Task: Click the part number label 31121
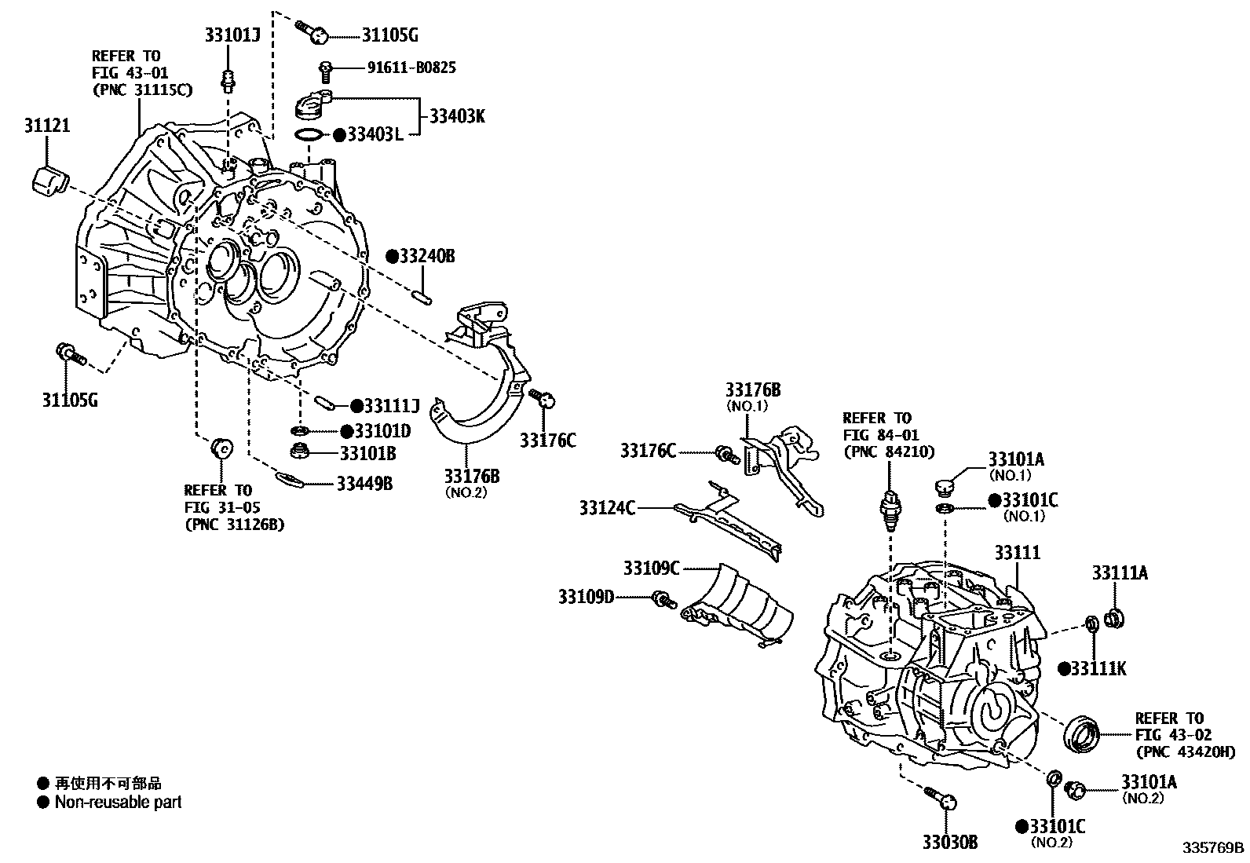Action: coord(46,126)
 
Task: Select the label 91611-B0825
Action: coord(411,68)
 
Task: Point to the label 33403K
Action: coord(457,116)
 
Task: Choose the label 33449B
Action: coord(364,483)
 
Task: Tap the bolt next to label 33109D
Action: coord(663,601)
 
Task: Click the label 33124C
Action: coord(607,508)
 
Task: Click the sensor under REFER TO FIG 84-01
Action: coord(890,503)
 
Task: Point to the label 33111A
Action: coord(1120,573)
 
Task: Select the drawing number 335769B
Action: coord(1214,847)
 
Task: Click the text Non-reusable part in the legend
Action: coord(118,803)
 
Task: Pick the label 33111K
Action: coord(1098,668)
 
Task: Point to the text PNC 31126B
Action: coord(235,525)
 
